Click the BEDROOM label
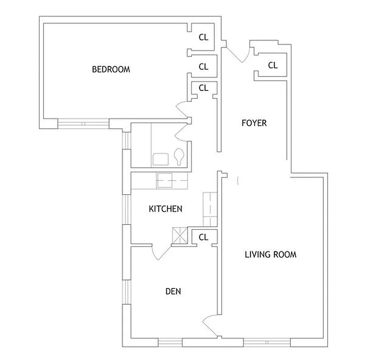point(111,69)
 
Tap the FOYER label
point(254,123)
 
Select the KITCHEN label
point(165,209)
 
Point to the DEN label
point(173,291)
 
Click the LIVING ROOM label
point(271,255)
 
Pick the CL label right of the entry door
point(273,65)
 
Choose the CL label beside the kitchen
point(204,237)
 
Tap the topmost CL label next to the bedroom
point(204,38)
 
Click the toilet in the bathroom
point(179,157)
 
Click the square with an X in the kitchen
point(179,236)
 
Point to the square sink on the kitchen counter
point(165,181)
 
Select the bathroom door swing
point(182,131)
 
